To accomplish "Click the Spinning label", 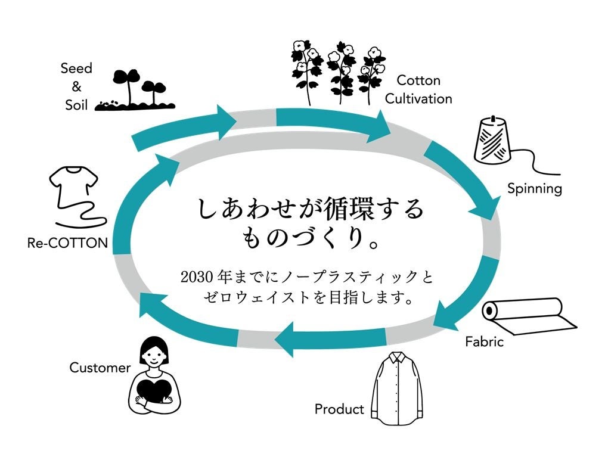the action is pyautogui.click(x=534, y=189).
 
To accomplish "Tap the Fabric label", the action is pyautogui.click(x=484, y=341).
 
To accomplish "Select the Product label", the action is pyautogui.click(x=339, y=409).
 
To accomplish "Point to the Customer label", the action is pyautogui.click(x=100, y=368).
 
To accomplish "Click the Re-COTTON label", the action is pyautogui.click(x=67, y=243).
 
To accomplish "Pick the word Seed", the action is pyautogui.click(x=76, y=68).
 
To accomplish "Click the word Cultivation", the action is pyautogui.click(x=418, y=98).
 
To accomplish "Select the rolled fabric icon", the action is pyautogui.click(x=530, y=316).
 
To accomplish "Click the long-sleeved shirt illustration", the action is pyautogui.click(x=397, y=388).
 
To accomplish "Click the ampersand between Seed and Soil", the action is pyautogui.click(x=76, y=86).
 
